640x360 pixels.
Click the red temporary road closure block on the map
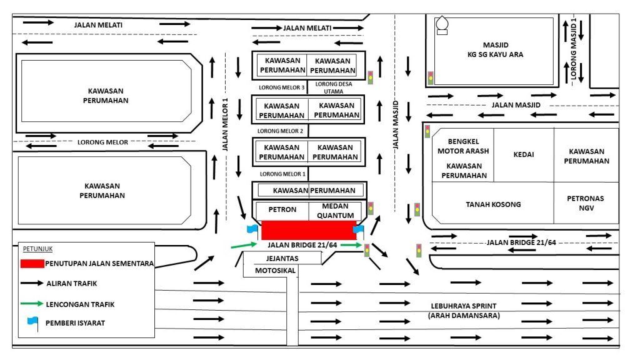coord(309,230)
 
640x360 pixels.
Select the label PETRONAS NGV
coord(585,203)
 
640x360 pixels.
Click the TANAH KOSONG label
coord(493,204)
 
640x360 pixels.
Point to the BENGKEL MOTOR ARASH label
coord(463,146)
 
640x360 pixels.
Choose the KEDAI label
coord(524,154)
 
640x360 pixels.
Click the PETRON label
coord(282,209)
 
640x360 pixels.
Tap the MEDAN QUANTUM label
coord(336,211)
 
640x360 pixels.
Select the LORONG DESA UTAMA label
coord(334,87)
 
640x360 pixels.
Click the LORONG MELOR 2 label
coord(280,131)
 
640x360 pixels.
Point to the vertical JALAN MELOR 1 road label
coord(225,124)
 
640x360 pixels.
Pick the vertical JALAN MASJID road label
coord(395,125)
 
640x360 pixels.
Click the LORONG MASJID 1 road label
coord(574,49)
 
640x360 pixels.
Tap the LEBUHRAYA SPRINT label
coord(464,306)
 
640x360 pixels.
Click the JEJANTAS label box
coord(282,258)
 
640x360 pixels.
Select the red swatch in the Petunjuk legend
coord(32,264)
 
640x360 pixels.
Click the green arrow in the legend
coord(32,304)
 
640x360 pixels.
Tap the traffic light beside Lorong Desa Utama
coord(370,77)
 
